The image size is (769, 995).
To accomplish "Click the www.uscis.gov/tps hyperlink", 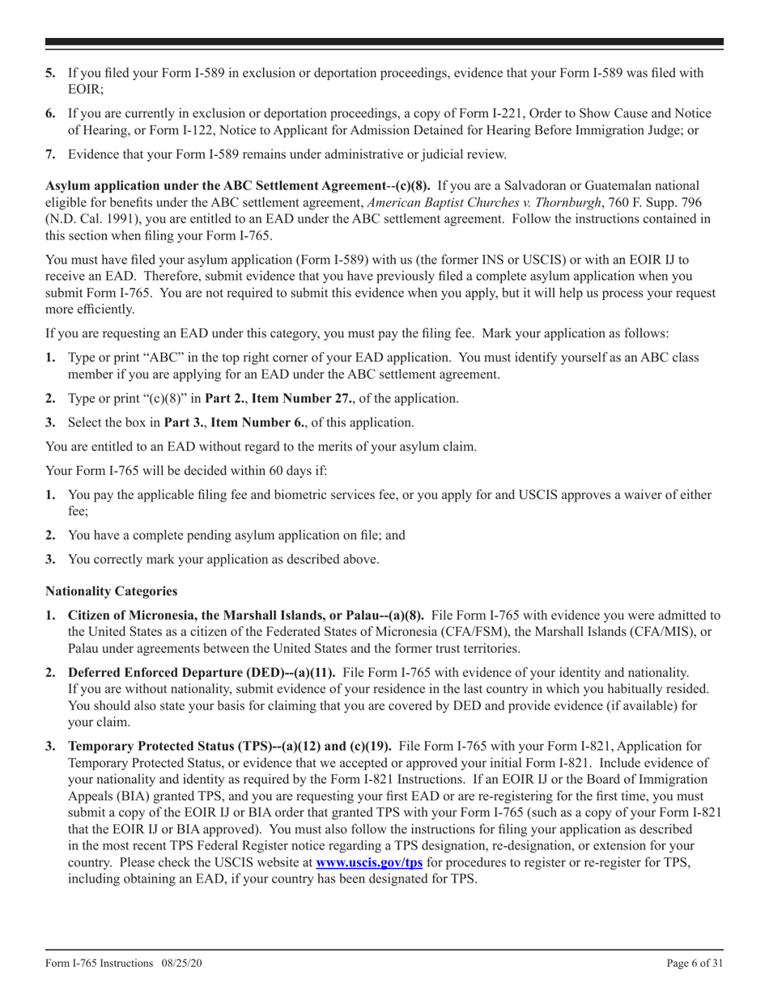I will pyautogui.click(x=368, y=862).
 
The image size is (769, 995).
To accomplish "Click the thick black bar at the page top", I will pyautogui.click(x=384, y=42).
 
